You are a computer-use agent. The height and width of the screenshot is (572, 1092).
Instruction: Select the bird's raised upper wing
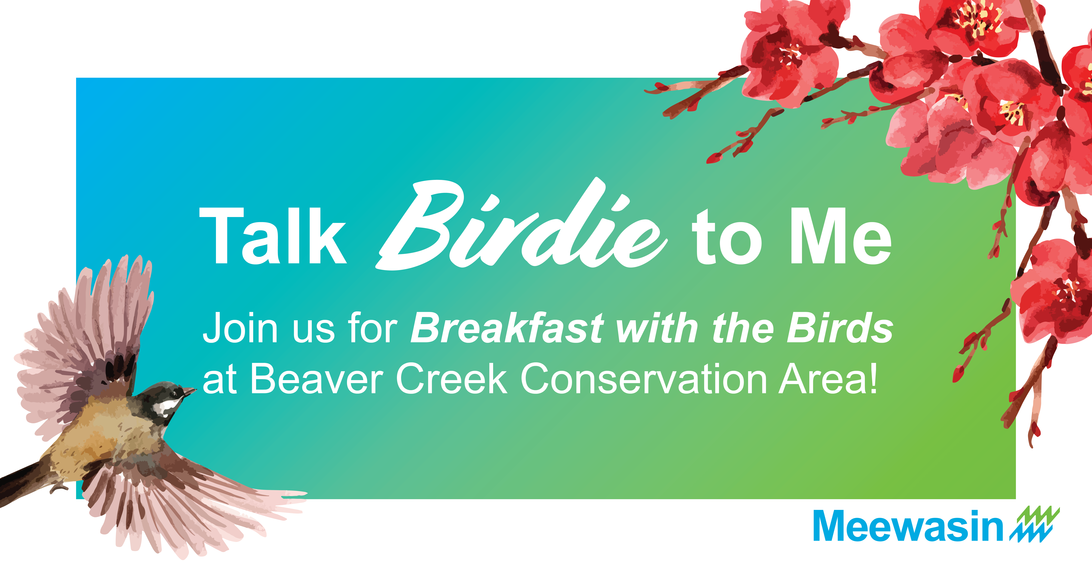click(x=85, y=335)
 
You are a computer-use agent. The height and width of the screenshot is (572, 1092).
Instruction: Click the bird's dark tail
click(x=21, y=484)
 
